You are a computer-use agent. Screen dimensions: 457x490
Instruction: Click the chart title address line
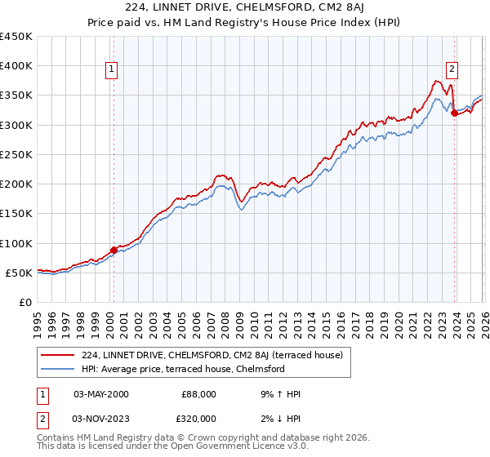[245, 9]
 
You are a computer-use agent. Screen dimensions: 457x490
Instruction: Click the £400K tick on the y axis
[16, 66]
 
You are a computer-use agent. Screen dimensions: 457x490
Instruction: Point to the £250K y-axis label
[16, 154]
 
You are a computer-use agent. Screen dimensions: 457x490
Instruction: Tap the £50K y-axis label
[19, 273]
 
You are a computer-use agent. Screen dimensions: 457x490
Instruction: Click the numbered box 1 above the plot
[112, 70]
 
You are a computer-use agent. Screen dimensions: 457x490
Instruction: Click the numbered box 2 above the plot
[452, 70]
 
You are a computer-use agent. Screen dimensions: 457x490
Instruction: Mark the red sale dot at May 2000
[114, 251]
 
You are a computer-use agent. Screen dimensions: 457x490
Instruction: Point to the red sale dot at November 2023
[454, 113]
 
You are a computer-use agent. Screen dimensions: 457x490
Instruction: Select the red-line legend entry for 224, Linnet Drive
[216, 355]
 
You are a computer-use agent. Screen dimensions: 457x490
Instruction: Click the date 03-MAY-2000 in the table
[100, 394]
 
